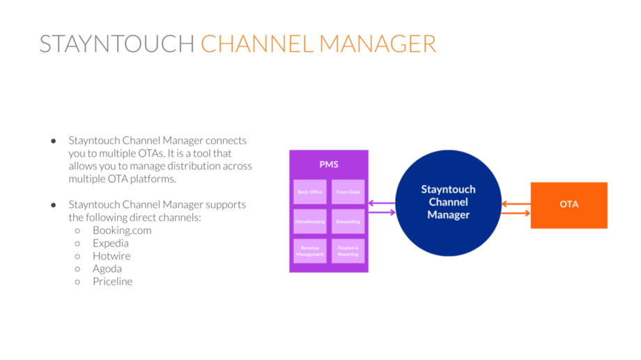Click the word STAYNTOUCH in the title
click(x=116, y=43)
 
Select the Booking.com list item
click(x=122, y=230)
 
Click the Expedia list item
click(x=111, y=243)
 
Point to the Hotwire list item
click(x=111, y=256)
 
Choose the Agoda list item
click(x=107, y=269)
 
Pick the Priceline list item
click(x=112, y=281)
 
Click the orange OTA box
click(x=569, y=205)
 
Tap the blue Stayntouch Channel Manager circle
click(x=448, y=202)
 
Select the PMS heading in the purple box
click(x=329, y=164)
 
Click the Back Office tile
click(x=310, y=191)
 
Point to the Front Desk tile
click(x=348, y=191)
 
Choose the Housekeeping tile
click(x=310, y=221)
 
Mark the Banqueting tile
click(x=348, y=221)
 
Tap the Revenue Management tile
click(x=310, y=251)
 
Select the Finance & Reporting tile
click(x=348, y=251)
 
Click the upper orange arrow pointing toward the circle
click(x=516, y=204)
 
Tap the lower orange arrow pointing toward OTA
click(x=516, y=213)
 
